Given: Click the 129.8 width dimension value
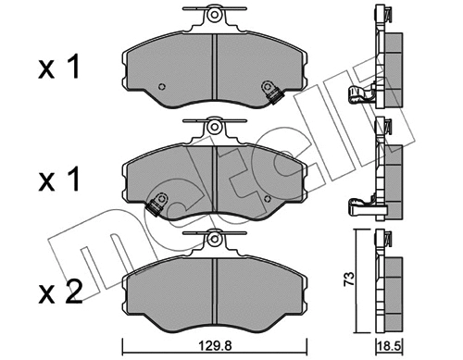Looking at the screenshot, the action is (x=215, y=346).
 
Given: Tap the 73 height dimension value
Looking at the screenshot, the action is (x=349, y=279).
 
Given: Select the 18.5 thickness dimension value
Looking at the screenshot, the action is (x=390, y=347).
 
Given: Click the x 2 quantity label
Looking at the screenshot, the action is (x=60, y=292).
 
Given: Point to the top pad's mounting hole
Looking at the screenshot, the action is (x=214, y=15).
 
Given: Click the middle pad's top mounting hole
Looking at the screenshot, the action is (x=214, y=127).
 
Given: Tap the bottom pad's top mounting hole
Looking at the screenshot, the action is (x=214, y=239).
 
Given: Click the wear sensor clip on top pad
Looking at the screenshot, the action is (x=271, y=92).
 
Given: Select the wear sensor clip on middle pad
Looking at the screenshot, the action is (x=157, y=204).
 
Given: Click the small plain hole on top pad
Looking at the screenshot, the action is (x=161, y=87).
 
